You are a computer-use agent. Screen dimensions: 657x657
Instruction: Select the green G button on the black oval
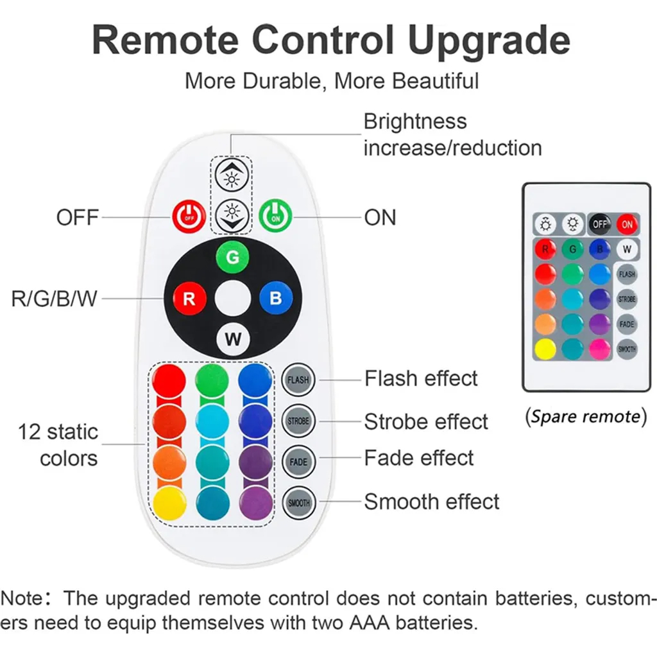pos(232,258)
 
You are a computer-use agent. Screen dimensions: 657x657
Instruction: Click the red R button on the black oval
pos(189,299)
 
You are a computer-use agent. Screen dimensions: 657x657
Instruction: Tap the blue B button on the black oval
pos(275,299)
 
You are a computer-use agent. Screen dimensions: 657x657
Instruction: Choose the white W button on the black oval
pos(232,339)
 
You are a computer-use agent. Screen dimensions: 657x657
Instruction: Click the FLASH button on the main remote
pos(298,380)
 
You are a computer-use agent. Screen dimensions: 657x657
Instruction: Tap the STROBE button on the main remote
pos(298,421)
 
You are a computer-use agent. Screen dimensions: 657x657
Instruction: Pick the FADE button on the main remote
pos(298,462)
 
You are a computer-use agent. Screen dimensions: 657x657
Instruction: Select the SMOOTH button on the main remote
pos(298,503)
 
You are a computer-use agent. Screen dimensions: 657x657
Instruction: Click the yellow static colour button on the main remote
pos(169,503)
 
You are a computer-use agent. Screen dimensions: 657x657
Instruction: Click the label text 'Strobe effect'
pos(426,422)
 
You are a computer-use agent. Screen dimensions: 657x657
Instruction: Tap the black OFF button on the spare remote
pos(600,224)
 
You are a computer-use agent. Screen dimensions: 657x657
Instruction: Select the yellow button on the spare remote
pos(545,349)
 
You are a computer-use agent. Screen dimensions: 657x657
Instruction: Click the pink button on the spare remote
pos(600,349)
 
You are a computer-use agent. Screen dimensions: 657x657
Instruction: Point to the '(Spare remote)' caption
pos(586,417)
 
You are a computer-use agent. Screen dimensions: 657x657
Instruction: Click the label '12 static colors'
pos(59,444)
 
